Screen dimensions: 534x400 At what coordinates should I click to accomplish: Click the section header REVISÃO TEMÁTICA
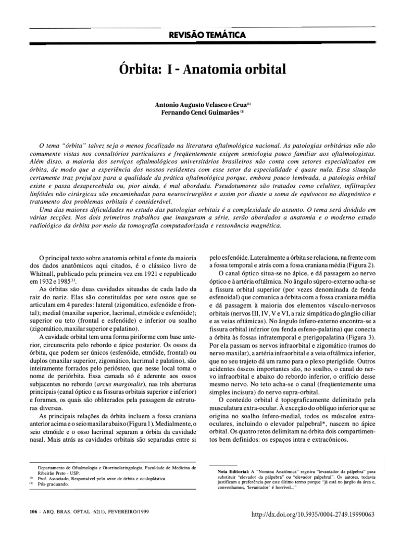pyautogui.click(x=201, y=35)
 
